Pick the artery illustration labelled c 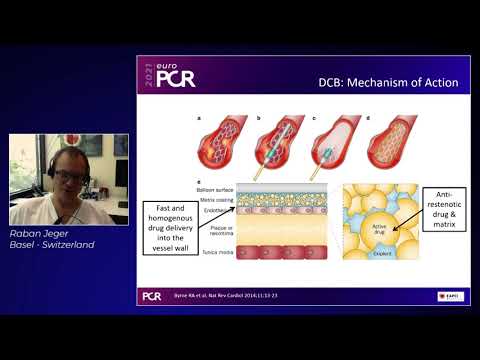tap(334, 142)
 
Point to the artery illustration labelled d tap(391, 142)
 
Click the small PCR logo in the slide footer tap(152, 296)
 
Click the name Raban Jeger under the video tap(39, 232)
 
